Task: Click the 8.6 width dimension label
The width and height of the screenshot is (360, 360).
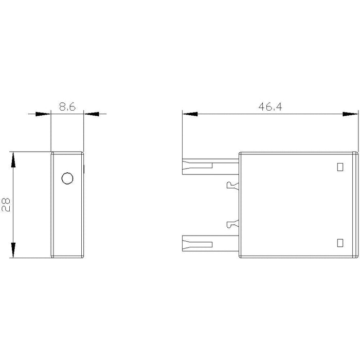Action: coord(67,107)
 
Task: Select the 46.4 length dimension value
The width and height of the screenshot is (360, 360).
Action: coord(270,107)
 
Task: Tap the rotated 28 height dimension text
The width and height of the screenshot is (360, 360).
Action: coord(6,205)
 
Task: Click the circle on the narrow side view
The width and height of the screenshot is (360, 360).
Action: coord(67,178)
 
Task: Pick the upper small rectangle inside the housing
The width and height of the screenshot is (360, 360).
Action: coord(340,167)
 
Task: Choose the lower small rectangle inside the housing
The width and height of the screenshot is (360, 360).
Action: coord(340,243)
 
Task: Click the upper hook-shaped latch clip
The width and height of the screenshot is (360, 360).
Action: coord(232,185)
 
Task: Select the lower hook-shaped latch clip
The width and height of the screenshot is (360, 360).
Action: coord(232,224)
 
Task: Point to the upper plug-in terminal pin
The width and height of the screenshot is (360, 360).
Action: coord(210,167)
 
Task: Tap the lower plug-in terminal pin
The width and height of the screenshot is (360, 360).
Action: coord(210,243)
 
